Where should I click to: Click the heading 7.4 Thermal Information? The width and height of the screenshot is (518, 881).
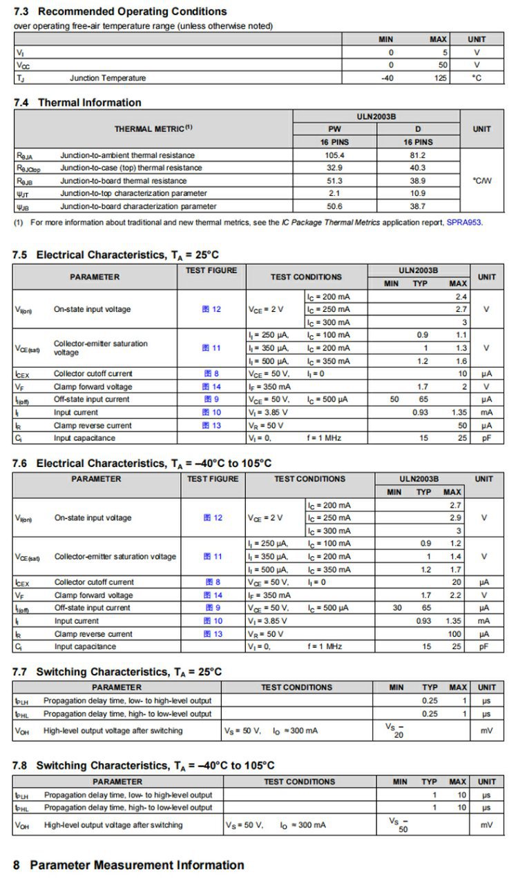[77, 103]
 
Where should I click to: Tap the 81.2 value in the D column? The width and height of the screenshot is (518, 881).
[418, 155]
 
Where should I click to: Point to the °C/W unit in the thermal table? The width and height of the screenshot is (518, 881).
[482, 181]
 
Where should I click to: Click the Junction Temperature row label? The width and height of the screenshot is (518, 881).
[108, 78]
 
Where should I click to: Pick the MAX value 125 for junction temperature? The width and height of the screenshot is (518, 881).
[439, 78]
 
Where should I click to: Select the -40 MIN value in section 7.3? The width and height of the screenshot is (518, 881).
[387, 78]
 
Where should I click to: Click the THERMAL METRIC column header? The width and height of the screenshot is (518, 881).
[153, 128]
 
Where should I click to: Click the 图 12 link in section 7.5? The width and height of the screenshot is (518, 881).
[211, 309]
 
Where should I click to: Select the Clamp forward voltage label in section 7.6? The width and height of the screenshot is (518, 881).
[94, 595]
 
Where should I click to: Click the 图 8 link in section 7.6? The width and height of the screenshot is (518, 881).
[213, 582]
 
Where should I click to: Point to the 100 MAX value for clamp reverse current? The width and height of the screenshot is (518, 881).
[454, 634]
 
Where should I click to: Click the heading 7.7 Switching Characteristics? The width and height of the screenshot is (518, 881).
[117, 672]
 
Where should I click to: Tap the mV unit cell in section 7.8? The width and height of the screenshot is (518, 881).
[486, 825]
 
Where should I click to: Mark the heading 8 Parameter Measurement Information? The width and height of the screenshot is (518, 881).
[128, 865]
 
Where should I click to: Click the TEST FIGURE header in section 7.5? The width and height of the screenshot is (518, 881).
[211, 270]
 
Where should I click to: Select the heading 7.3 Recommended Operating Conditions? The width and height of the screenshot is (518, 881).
[120, 12]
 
